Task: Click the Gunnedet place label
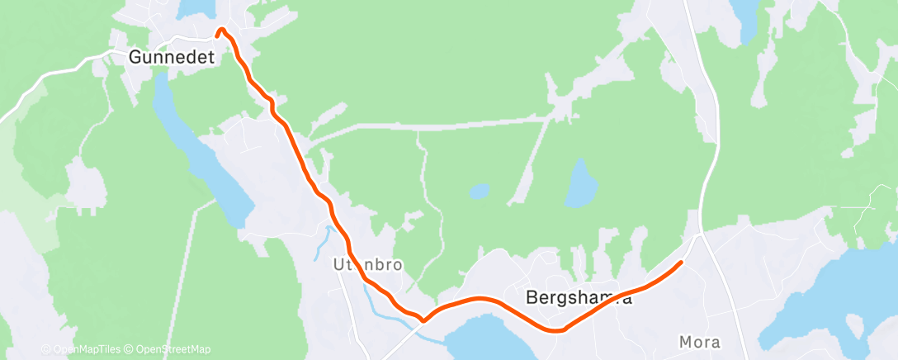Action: pos(172,58)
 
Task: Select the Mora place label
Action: pos(699,342)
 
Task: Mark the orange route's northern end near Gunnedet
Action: pos(220,32)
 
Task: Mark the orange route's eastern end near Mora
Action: pos(680,263)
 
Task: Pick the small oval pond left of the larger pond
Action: pos(478,192)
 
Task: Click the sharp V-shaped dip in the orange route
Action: pos(423,319)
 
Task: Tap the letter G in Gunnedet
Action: pos(135,58)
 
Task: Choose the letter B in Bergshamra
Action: pos(532,298)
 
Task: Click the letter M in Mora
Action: pos(684,342)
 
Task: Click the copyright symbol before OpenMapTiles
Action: pos(46,349)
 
